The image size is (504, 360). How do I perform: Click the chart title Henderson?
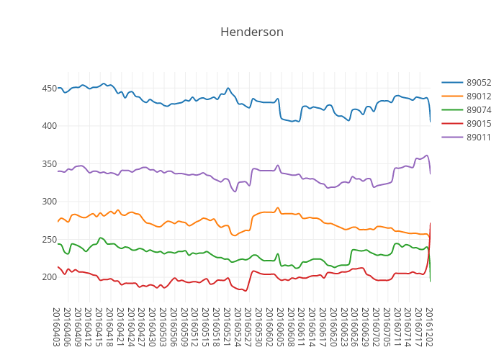click(252, 32)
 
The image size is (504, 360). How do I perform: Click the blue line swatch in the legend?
click(452, 83)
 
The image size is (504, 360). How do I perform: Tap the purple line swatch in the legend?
click(452, 138)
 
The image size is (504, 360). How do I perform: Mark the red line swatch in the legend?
click(452, 124)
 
